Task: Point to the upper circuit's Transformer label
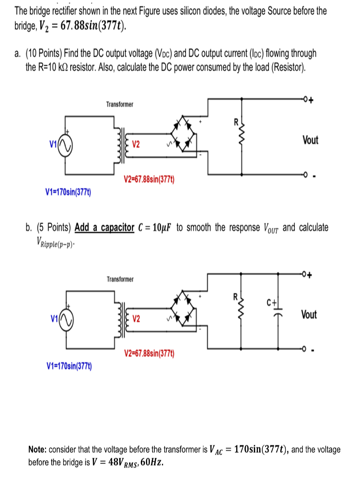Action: point(120,104)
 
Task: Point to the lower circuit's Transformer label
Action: point(120,279)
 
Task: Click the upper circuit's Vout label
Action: point(310,140)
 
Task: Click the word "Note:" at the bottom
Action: point(37,449)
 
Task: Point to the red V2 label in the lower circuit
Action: point(136,319)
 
